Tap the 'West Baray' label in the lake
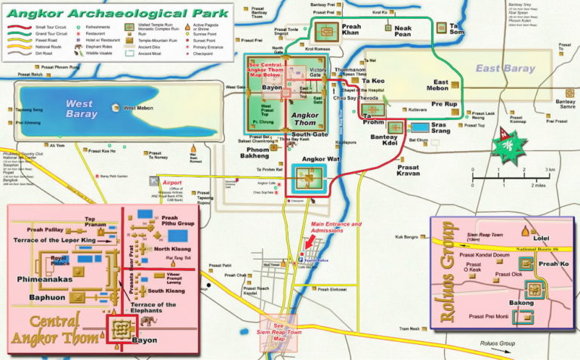point(82,109)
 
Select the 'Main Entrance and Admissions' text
point(336,227)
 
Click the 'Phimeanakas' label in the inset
point(43,278)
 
